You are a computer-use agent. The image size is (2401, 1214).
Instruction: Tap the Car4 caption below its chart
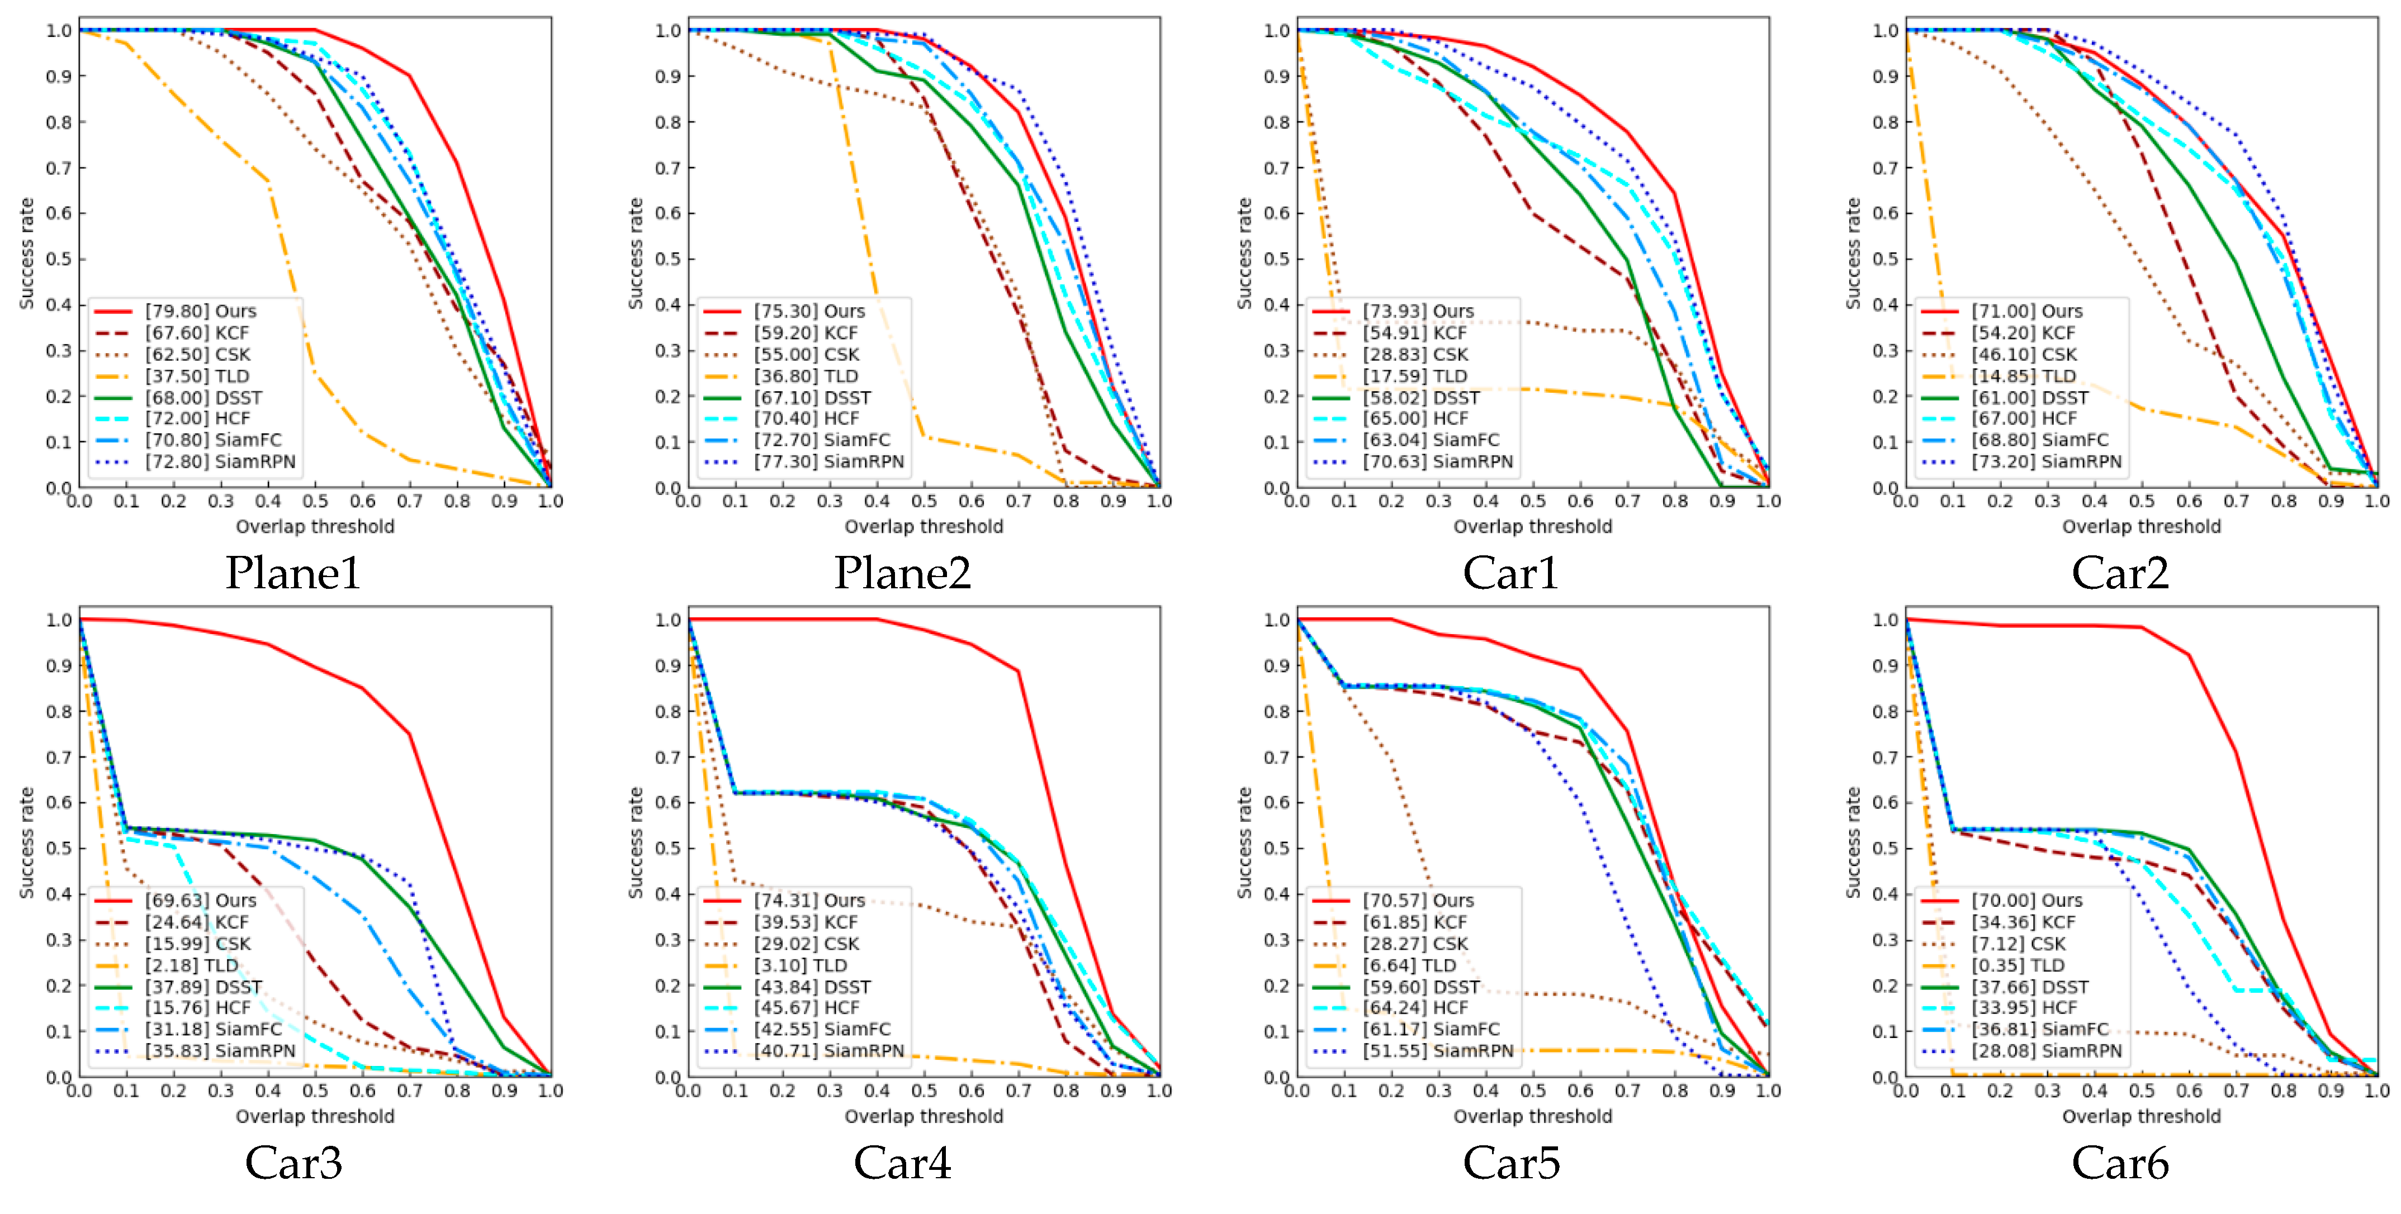902,1162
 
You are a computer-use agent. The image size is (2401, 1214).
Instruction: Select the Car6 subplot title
2120,1162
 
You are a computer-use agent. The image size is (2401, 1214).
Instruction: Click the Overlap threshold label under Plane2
924,526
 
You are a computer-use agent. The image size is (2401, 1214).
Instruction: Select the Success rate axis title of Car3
27,842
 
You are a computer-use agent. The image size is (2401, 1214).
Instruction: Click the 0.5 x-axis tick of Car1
1532,501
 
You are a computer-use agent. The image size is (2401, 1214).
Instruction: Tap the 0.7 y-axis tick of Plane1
59,168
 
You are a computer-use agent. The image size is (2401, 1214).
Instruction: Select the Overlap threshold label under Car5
1532,1116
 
